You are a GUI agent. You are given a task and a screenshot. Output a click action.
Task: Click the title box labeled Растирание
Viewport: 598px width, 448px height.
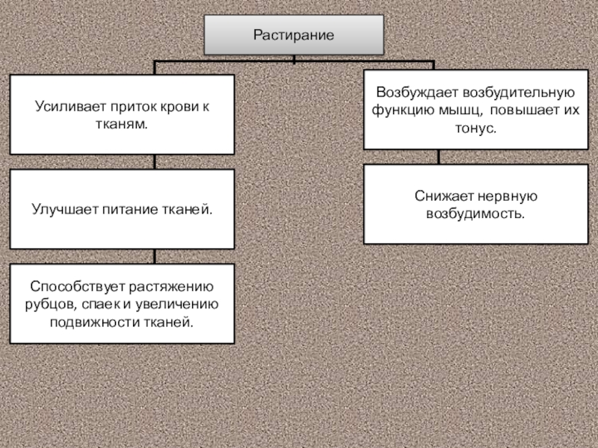click(x=294, y=35)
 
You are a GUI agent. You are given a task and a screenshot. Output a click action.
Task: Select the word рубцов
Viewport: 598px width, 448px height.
click(x=46, y=305)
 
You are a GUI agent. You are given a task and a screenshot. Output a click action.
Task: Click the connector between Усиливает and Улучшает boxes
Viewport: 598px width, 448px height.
click(x=154, y=162)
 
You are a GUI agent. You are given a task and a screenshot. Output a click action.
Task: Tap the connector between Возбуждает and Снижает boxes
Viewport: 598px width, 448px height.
click(x=439, y=157)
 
